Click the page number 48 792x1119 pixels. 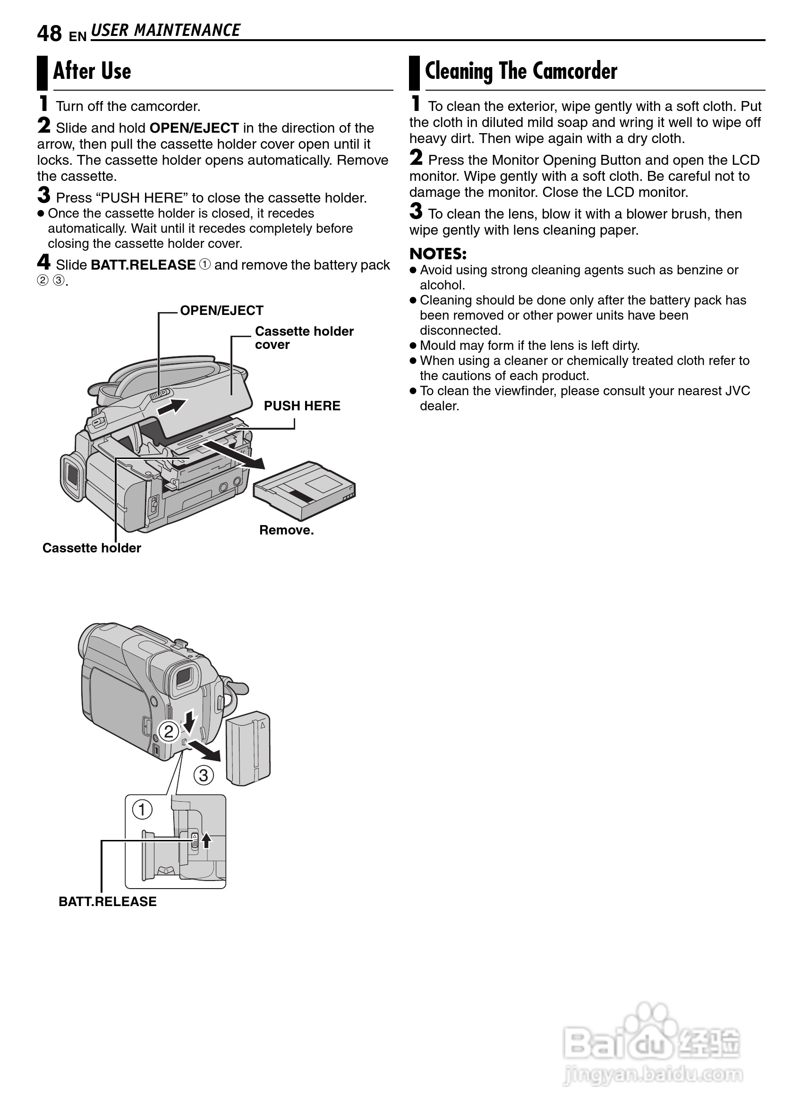tap(49, 34)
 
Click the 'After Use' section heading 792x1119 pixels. tap(92, 71)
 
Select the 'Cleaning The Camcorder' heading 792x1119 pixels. tap(521, 71)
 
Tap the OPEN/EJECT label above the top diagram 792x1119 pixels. tap(221, 311)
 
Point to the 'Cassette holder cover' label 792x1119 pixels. tap(304, 338)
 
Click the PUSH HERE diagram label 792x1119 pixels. tap(302, 406)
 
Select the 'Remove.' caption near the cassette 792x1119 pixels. tap(286, 530)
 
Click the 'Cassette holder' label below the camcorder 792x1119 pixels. tap(92, 548)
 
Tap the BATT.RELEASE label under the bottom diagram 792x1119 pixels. tap(107, 901)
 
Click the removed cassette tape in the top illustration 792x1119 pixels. tap(305, 490)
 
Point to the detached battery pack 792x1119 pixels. tap(249, 748)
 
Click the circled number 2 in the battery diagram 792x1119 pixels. tap(169, 732)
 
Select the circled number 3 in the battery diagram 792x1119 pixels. tap(204, 775)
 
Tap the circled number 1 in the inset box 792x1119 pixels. tap(142, 810)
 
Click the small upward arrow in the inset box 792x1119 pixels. tap(207, 839)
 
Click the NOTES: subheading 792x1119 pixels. tap(438, 254)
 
